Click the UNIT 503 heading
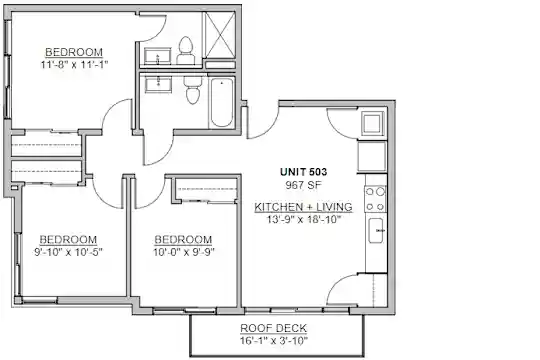pos(303,172)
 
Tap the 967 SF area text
pos(303,185)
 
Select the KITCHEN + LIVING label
pos(303,207)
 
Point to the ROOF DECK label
pos(273,328)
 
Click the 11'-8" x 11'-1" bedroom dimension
pos(74,64)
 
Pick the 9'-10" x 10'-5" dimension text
pos(68,252)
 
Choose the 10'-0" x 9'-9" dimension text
pos(184,252)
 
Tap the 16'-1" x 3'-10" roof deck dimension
pos(274,341)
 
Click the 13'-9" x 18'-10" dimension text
pos(304,219)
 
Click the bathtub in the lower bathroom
pos(221,102)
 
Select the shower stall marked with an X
pos(219,35)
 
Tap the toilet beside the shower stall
pos(186,50)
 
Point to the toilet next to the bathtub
pos(193,89)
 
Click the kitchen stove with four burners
pos(375,199)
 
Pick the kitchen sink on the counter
pos(376,230)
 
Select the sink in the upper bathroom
pos(158,56)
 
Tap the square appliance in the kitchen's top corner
pos(372,123)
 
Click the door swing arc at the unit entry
pos(267,129)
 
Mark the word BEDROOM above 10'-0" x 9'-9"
pos(183,239)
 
